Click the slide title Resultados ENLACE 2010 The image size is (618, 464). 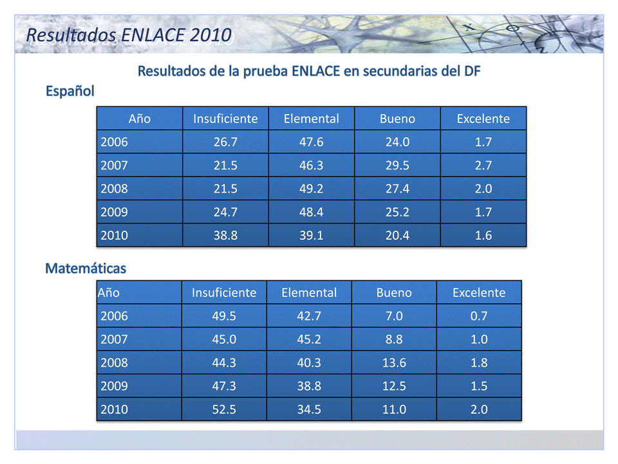(129, 35)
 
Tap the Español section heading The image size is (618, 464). (70, 91)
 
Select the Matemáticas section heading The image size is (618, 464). (86, 267)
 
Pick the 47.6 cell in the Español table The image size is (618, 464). (311, 142)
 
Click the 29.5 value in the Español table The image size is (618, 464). (397, 165)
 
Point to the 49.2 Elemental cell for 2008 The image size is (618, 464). (311, 188)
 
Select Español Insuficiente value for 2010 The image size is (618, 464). (225, 235)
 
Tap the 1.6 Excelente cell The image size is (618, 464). (483, 235)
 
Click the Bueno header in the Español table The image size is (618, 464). (397, 119)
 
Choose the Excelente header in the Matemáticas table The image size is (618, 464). (479, 293)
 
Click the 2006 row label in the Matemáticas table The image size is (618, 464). (114, 316)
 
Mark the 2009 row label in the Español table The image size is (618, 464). (114, 212)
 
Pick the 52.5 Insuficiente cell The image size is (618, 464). (224, 409)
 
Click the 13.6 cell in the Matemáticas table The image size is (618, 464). (394, 363)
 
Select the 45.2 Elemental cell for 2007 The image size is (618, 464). (309, 339)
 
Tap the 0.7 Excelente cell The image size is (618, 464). (479, 316)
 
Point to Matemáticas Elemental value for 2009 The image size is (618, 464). (309, 386)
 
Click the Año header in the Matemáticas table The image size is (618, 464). (109, 293)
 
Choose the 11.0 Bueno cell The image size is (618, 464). (394, 409)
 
